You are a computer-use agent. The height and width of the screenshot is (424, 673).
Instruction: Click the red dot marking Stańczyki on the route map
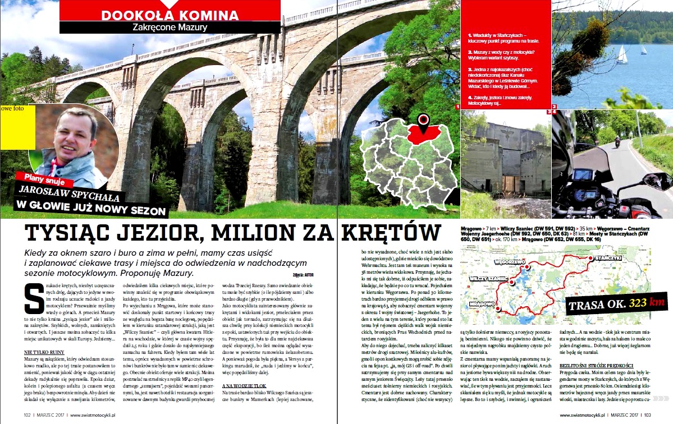[x=591, y=258]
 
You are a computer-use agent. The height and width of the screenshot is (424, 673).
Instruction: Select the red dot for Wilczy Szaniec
[x=512, y=283]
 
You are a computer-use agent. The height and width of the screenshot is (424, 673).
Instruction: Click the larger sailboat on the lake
[x=622, y=54]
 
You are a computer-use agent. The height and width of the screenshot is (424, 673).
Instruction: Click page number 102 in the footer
[x=27, y=416]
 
